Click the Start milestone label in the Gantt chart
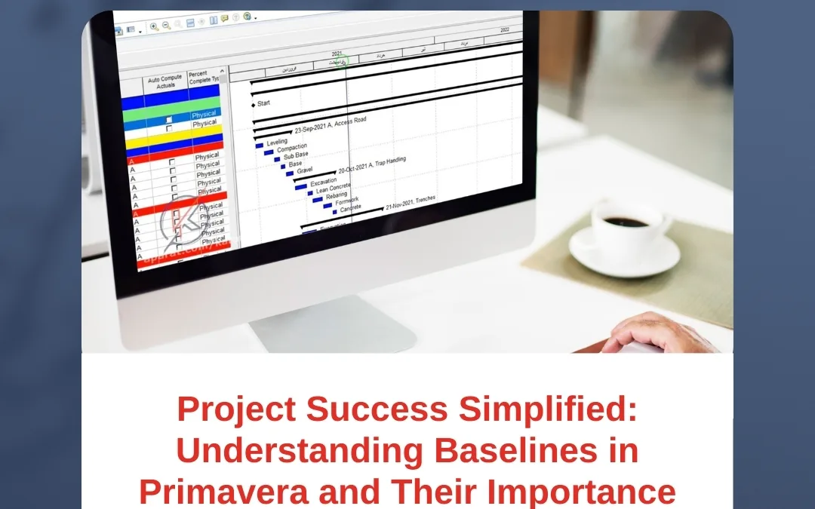point(264,103)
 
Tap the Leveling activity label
point(277,142)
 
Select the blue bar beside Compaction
point(269,152)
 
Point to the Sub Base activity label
point(296,155)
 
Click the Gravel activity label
point(305,170)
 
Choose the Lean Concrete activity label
point(333,189)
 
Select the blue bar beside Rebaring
point(318,199)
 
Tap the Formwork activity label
point(347,201)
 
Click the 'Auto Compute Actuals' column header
point(165,81)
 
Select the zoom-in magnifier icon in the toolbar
point(154,26)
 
